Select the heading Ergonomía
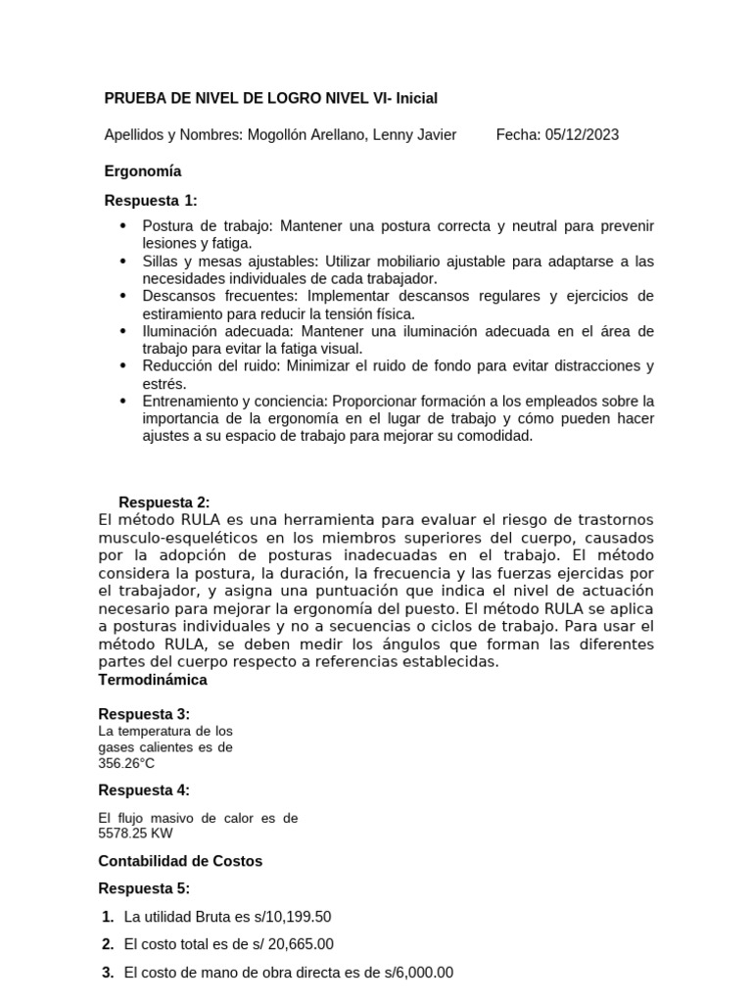pos(143,170)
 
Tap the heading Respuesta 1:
pos(151,201)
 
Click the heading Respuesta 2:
pos(164,502)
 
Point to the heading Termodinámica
pos(153,679)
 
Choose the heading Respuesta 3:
pos(144,714)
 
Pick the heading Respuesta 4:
pos(144,790)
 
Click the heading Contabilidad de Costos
pos(180,861)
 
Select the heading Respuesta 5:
pos(144,888)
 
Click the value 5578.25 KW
pos(136,833)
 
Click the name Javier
pos(434,135)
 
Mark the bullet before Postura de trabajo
pos(122,226)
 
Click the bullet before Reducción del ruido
pos(122,366)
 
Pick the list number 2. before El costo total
pos(109,944)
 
